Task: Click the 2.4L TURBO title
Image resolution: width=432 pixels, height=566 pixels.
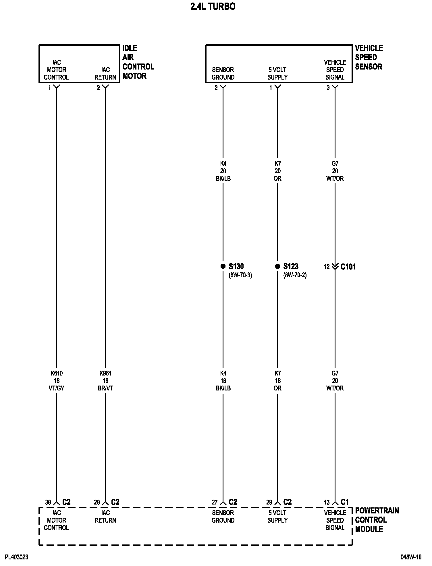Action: click(213, 7)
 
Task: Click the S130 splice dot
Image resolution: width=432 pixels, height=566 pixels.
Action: click(223, 266)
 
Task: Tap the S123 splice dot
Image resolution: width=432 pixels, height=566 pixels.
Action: click(277, 266)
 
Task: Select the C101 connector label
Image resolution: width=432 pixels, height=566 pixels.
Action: click(348, 267)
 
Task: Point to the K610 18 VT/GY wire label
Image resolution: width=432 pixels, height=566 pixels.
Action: click(57, 381)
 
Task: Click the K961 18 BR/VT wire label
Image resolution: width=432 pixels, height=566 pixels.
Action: click(105, 381)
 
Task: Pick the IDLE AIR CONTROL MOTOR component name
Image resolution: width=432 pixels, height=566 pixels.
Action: click(138, 62)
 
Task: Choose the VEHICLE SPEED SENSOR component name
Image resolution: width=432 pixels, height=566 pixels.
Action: click(369, 57)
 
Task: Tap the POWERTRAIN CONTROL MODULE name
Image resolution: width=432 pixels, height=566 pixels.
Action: click(377, 520)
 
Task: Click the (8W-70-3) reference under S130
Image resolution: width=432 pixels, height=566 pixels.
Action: click(240, 275)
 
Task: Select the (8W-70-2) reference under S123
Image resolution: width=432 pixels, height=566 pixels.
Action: click(295, 275)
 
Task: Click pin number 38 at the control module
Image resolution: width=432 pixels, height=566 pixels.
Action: click(48, 503)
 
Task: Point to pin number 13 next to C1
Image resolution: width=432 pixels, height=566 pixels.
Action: click(327, 503)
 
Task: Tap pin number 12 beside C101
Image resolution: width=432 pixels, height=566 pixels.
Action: click(327, 267)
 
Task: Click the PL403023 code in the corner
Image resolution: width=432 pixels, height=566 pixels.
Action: click(17, 557)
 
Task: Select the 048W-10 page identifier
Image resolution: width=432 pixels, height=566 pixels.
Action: click(411, 557)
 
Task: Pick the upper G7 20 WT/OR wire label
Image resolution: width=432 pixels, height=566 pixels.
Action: click(335, 171)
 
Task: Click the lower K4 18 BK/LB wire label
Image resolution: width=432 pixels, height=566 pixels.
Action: click(223, 381)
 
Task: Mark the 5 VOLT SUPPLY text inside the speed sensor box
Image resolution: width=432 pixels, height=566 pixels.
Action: click(277, 74)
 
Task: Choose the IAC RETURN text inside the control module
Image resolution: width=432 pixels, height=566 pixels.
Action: click(105, 517)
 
